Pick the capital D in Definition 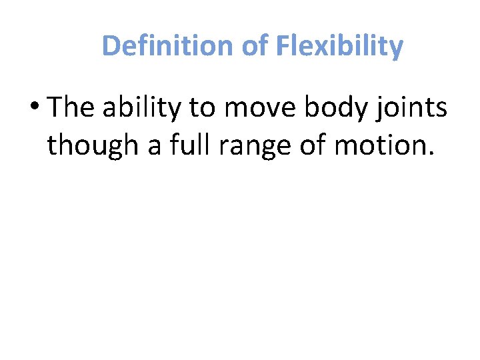(x=111, y=46)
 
